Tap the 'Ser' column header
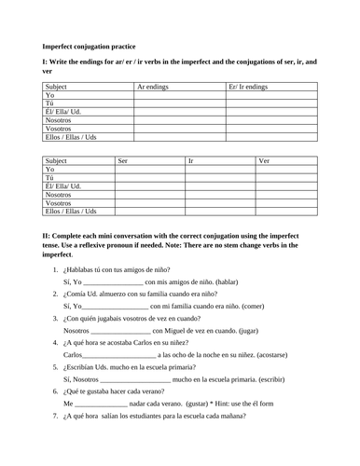(x=123, y=160)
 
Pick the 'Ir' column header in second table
(x=191, y=160)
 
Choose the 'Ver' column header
(x=265, y=160)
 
